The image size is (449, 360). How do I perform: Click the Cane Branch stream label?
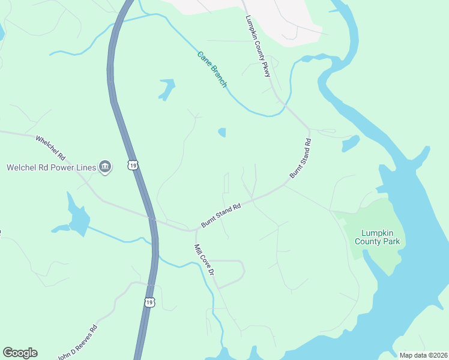point(212,69)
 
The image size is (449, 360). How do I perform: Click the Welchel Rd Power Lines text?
point(51,167)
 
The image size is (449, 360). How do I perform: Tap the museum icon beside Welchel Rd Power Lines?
point(106,167)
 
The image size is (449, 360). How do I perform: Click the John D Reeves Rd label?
point(77,342)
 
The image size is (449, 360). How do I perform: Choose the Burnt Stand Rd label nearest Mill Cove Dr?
point(221,215)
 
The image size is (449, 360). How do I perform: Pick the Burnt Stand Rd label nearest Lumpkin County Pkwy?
point(301,158)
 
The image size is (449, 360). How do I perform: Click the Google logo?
point(20,353)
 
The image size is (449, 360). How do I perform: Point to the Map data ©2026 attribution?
point(423,355)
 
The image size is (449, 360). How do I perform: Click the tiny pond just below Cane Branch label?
point(222,132)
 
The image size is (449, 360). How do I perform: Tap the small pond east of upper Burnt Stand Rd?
point(349,143)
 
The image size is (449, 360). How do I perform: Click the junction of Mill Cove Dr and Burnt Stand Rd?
point(196,229)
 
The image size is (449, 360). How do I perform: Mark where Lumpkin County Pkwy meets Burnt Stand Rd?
point(309,129)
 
